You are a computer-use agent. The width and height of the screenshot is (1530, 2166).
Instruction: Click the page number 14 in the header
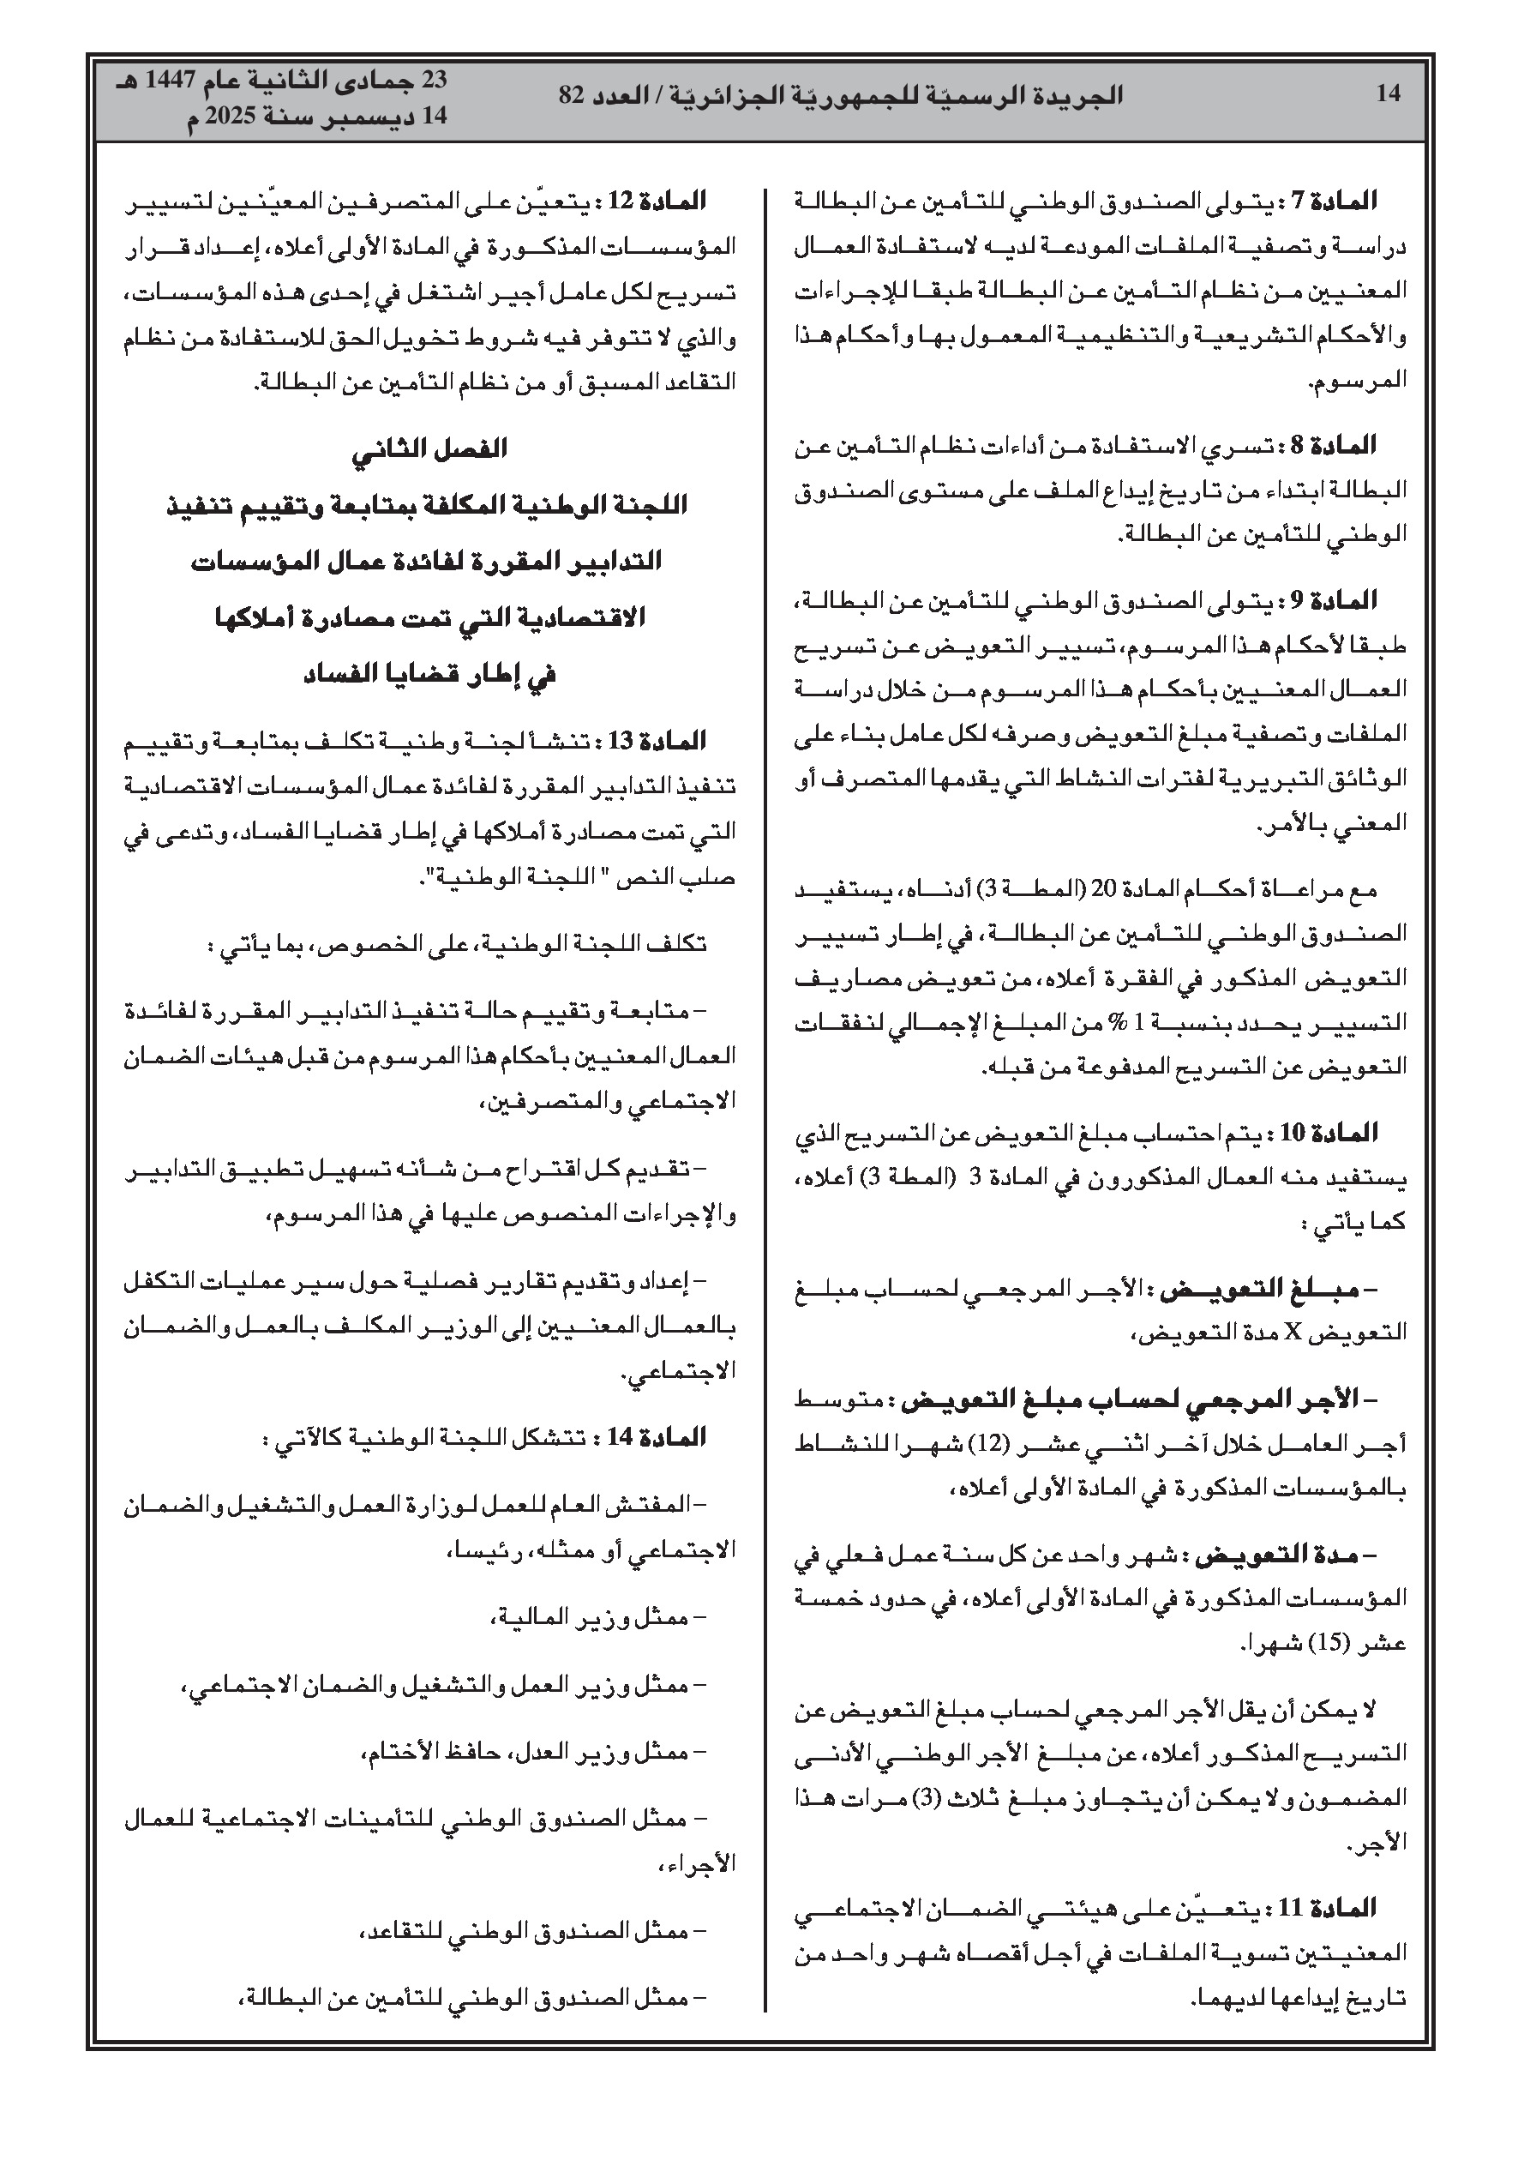pos(1388,94)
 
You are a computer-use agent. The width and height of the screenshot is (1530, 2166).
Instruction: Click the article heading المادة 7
pos(1337,201)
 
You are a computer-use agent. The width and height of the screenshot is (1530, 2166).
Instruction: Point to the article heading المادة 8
pos(1337,444)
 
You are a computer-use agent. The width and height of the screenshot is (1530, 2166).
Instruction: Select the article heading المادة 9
pos(1337,600)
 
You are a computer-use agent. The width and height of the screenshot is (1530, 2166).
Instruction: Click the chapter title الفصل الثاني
pos(430,449)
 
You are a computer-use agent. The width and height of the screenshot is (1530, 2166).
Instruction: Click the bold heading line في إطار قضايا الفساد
pos(430,676)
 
